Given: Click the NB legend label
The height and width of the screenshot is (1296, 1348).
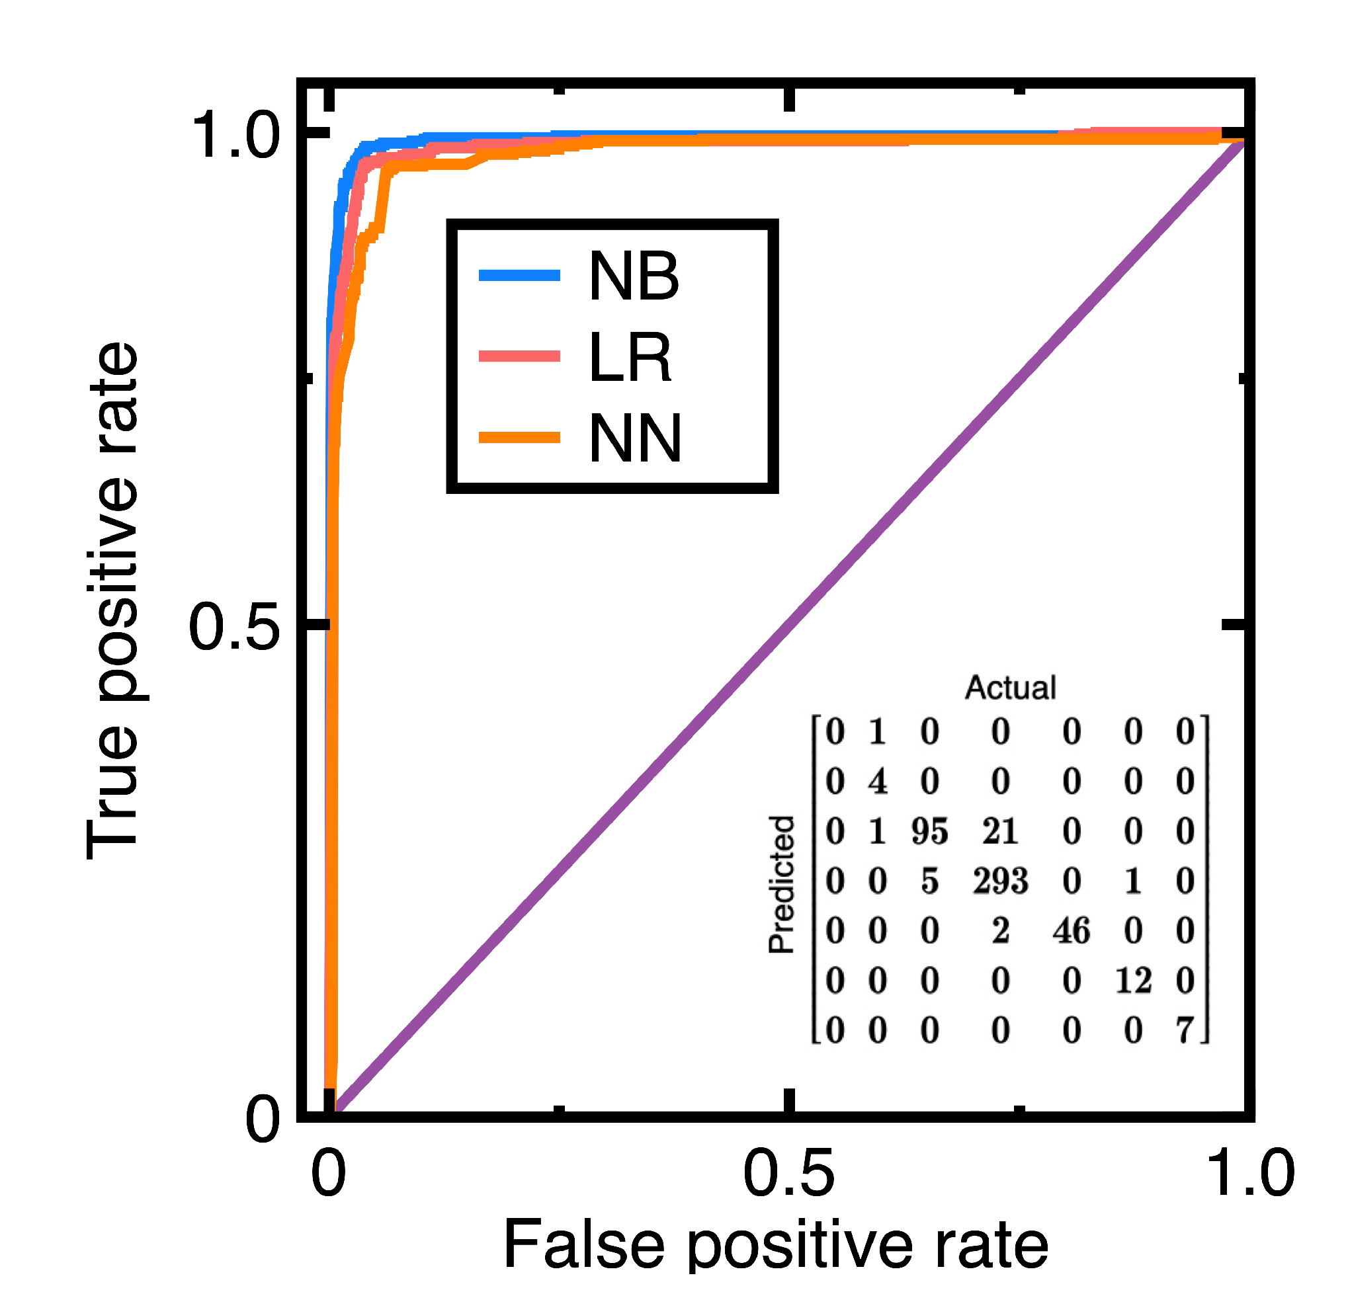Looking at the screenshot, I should [634, 276].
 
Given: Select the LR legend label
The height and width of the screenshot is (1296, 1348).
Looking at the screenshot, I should [629, 357].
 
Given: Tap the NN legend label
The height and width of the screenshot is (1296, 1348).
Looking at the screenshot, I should [635, 438].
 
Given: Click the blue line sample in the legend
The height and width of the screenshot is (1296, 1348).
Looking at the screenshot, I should [519, 276].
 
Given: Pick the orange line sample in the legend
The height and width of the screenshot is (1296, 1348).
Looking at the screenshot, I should [519, 438].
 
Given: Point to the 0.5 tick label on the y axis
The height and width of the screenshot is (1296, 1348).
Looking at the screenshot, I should [234, 626].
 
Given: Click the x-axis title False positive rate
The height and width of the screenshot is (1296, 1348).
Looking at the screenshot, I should [776, 1245].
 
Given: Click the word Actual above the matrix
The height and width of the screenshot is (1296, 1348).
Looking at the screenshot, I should [1010, 688].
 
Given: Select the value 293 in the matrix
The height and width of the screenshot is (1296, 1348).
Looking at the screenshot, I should [1000, 881].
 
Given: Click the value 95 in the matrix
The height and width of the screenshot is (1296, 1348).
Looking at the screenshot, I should [929, 832].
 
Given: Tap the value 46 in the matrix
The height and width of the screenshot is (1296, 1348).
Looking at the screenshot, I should [1071, 931].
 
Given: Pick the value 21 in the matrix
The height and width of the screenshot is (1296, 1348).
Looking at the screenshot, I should [1000, 832].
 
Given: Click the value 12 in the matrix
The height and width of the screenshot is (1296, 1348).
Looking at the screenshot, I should [1133, 981].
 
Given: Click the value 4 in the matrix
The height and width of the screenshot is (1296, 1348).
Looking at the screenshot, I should [877, 782].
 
